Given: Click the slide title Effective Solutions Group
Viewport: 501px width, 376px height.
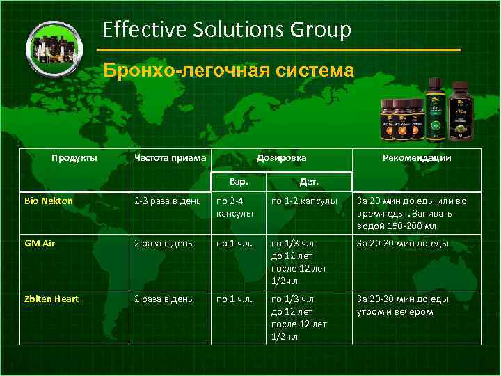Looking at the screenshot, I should pos(227,30).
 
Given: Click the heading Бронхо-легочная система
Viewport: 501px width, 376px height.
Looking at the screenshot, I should pos(228,70).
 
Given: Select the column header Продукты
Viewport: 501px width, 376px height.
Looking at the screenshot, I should pos(74,158).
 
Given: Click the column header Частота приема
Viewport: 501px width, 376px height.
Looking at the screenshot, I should pos(170,158).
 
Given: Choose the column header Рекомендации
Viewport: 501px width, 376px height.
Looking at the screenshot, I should pos(417,158).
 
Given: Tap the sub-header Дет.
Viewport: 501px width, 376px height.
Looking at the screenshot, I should pos(309,182).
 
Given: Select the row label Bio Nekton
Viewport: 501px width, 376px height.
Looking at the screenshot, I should pos(48,201).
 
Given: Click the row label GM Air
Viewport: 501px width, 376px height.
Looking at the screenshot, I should pos(40,244).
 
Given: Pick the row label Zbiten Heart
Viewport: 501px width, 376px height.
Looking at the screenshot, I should pos(51,299).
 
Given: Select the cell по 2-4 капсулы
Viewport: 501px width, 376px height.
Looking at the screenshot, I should pos(233,207).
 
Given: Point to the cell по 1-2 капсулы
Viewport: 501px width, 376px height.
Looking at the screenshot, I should pos(304,201).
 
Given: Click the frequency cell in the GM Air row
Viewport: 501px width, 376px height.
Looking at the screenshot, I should pos(164,244).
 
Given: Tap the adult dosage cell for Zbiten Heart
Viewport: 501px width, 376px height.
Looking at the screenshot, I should pos(233,299).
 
